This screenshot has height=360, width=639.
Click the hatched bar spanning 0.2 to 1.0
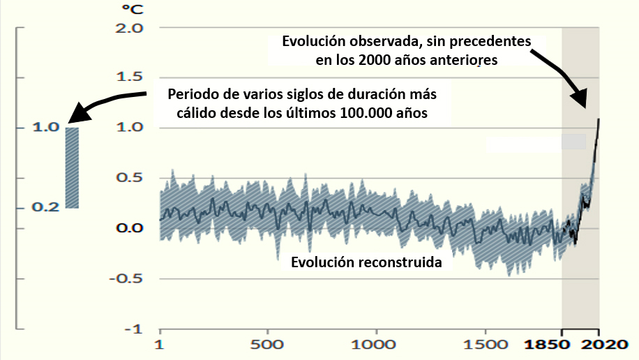coord(72,167)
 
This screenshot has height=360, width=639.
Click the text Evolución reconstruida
coord(366,264)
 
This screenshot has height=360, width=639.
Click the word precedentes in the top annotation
coord(497,41)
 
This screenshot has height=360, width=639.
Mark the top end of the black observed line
coord(599,119)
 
